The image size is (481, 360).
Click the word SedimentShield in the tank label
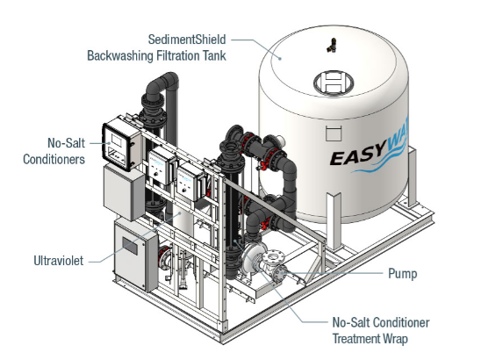coord(187,40)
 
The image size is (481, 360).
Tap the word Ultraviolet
coord(58,261)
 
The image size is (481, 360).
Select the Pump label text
coord(403,273)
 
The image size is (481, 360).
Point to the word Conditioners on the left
coord(54,159)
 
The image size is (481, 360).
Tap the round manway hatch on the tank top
coord(334,83)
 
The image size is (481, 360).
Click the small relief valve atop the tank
coord(332,45)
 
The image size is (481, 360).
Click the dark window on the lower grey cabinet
coord(130,246)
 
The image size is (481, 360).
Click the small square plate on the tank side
coord(334,133)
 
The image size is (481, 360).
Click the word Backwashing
coord(120,56)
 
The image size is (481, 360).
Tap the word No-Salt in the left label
coord(66,143)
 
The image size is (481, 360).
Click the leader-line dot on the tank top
coord(280,58)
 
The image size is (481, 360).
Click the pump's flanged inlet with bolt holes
coord(274,258)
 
